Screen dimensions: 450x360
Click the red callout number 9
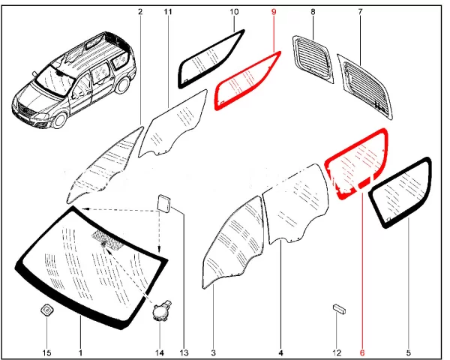274,12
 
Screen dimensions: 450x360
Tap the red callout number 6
362,352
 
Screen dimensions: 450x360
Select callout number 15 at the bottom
46,352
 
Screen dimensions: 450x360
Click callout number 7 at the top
360,12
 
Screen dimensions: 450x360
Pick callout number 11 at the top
168,12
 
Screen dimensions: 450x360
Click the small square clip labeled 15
46,310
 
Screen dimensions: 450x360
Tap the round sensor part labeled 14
160,311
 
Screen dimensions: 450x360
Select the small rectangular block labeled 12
339,310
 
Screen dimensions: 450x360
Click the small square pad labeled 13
163,203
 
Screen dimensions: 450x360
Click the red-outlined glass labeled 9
247,81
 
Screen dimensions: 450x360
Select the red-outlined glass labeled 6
355,164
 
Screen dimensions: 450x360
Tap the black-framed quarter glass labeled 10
211,58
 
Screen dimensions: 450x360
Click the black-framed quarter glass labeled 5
401,192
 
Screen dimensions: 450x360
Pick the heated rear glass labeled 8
313,58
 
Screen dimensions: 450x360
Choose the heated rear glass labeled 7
365,85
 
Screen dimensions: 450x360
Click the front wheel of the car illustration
60,121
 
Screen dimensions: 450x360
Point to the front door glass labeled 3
232,242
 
